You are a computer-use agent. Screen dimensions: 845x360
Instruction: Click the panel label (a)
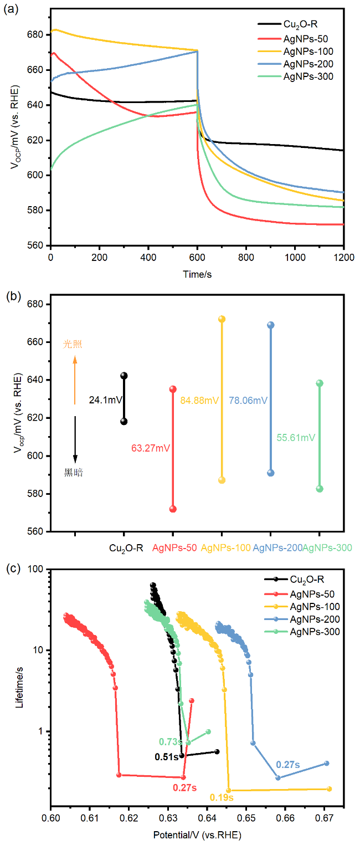click(12, 10)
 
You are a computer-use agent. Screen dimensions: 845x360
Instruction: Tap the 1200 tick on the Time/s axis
click(343, 258)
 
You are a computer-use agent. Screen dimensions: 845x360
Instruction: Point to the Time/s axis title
click(197, 275)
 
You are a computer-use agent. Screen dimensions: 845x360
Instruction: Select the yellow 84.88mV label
click(200, 400)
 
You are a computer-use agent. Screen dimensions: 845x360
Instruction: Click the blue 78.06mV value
click(248, 400)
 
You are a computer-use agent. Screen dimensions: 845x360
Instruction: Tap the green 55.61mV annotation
click(296, 438)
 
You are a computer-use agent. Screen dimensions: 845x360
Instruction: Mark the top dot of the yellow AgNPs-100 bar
click(222, 319)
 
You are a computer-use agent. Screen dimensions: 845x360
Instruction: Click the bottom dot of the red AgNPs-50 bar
click(173, 509)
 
